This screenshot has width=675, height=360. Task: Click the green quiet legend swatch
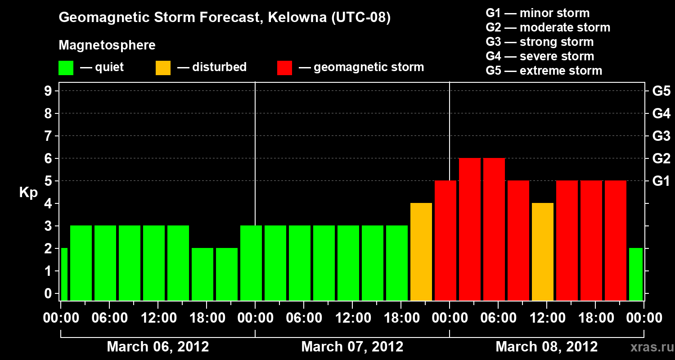(x=66, y=67)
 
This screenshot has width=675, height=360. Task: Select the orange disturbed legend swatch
(x=163, y=67)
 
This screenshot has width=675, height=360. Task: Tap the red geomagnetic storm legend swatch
(x=284, y=67)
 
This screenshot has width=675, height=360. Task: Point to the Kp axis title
(x=28, y=193)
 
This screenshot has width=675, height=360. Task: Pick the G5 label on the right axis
(x=661, y=91)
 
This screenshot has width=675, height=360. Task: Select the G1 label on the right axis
(x=661, y=181)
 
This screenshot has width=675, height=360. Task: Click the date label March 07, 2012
(x=352, y=347)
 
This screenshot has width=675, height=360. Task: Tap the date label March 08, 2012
(x=546, y=347)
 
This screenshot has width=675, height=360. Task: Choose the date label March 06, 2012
(x=157, y=347)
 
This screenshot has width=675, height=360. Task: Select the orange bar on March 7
(x=421, y=252)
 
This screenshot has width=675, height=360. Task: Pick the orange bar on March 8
(x=543, y=252)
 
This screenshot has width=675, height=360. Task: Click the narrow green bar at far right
(x=635, y=274)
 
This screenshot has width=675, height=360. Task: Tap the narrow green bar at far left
(x=64, y=274)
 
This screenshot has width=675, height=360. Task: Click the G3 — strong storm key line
(x=540, y=42)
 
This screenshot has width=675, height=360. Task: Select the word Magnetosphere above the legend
(x=107, y=45)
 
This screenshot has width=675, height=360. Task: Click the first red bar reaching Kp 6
(x=470, y=229)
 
